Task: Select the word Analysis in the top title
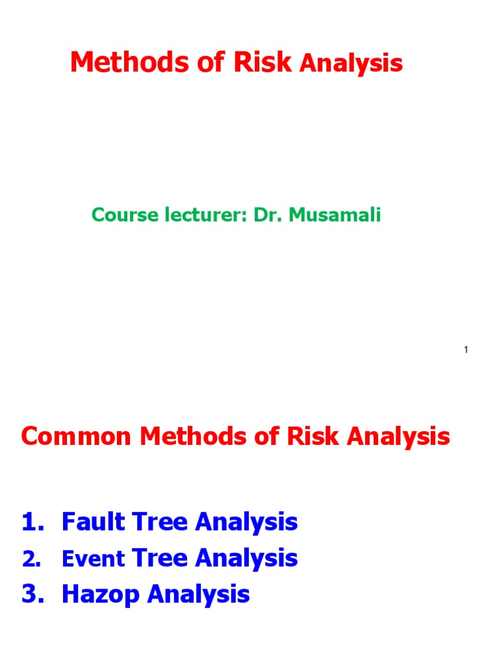pos(351,64)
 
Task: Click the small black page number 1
pos(466,351)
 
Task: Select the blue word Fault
pos(93,522)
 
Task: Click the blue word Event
pos(93,559)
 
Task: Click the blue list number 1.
pos(31,522)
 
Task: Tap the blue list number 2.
pos(31,559)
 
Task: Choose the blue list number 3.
pos(31,594)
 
